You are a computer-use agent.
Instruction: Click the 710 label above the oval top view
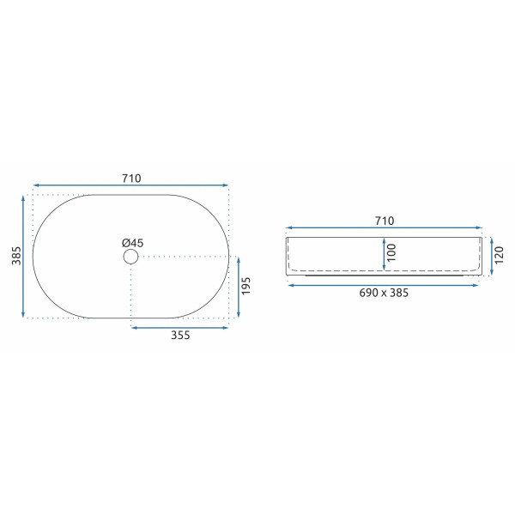(x=130, y=178)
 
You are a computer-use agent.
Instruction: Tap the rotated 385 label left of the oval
(x=15, y=257)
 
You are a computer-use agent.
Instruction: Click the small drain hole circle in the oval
(x=130, y=257)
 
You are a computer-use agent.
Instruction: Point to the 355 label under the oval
(x=179, y=336)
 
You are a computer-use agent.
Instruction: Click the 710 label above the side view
(x=385, y=221)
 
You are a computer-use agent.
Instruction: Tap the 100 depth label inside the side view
(x=391, y=252)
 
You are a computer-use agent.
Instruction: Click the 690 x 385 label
(x=384, y=293)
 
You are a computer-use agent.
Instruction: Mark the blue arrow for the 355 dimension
(x=179, y=326)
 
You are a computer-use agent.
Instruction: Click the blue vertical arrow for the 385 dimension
(x=23, y=257)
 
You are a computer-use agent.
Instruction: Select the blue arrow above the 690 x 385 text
(x=384, y=284)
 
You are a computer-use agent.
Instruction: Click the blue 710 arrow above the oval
(x=130, y=185)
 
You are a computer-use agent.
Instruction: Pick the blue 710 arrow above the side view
(x=385, y=229)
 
